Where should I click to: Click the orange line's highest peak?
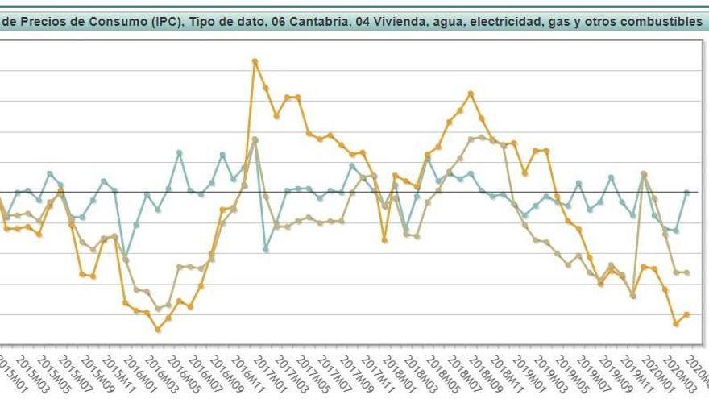pyautogui.click(x=255, y=60)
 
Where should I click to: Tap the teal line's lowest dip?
pyautogui.click(x=125, y=256)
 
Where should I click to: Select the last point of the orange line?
pyautogui.click(x=686, y=314)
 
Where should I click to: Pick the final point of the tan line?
pyautogui.click(x=686, y=272)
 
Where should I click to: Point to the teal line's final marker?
pyautogui.click(x=686, y=193)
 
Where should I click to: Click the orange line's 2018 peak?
pyautogui.click(x=471, y=94)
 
